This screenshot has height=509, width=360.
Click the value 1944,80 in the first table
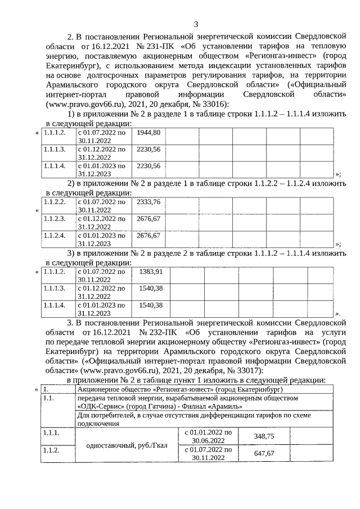[148, 132]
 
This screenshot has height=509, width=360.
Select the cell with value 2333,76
[148, 201]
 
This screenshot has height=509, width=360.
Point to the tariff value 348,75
[264, 436]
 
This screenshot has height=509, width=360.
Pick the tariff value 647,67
[264, 453]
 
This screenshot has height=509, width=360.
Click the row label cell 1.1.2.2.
[55, 201]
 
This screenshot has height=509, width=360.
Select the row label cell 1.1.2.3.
[55, 218]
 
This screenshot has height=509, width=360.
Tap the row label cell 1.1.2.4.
[55, 235]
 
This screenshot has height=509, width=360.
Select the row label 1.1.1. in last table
[51, 432]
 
